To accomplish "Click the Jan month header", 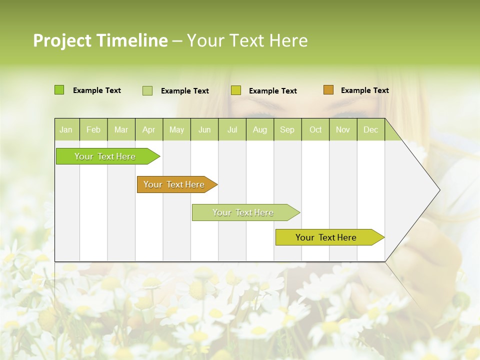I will [x=66, y=129].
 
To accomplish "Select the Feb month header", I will [x=93, y=129].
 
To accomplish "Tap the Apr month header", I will [x=148, y=129].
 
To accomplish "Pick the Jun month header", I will [x=204, y=129].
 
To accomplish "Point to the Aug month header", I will [x=259, y=129].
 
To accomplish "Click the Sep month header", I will [x=287, y=129].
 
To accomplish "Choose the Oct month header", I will [x=315, y=129].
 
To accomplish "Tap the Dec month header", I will [x=370, y=129].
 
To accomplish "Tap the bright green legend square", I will [x=59, y=90].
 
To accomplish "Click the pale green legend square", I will [x=147, y=90].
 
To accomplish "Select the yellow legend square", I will [x=236, y=90].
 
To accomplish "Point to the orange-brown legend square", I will [x=328, y=90].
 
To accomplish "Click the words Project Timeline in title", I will [x=100, y=40].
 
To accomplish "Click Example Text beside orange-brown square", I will [x=364, y=90].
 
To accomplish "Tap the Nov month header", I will [x=342, y=129].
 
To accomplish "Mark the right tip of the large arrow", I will [x=439, y=190].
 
